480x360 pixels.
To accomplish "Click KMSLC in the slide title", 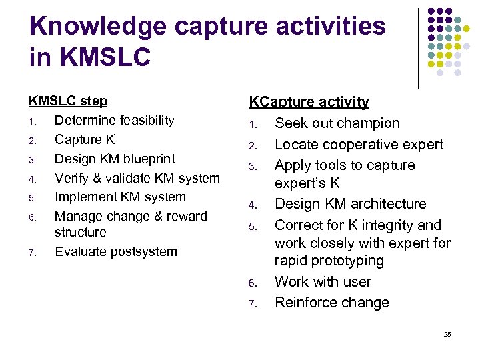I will click(x=105, y=57).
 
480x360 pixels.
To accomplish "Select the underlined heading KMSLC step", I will click(x=68, y=101).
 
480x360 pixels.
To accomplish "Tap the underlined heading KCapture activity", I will click(x=309, y=102).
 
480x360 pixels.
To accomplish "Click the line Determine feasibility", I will click(x=114, y=121).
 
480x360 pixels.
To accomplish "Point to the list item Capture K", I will click(x=85, y=140).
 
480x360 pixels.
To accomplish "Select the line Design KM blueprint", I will click(x=115, y=159).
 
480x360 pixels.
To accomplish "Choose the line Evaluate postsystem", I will click(x=116, y=252).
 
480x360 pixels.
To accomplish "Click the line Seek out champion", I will click(x=337, y=123).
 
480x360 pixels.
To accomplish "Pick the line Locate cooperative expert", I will click(x=359, y=145).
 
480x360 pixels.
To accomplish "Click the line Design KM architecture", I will click(x=350, y=204).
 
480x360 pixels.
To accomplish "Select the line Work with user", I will click(x=323, y=282).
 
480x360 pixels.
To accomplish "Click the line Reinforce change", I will click(x=331, y=303).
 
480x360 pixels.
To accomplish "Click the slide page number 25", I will click(x=447, y=334).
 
